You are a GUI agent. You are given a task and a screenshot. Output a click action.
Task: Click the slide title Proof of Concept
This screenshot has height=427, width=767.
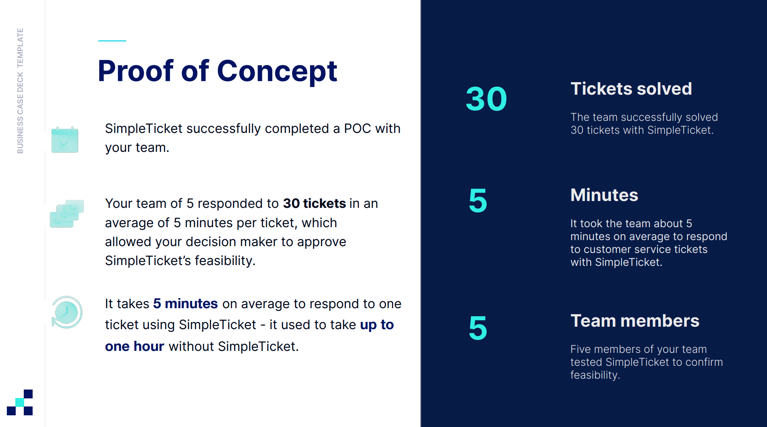pos(218,71)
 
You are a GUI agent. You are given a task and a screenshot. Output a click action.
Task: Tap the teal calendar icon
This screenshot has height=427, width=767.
pos(65,139)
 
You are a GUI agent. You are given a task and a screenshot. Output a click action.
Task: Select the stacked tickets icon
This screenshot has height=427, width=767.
pos(67,213)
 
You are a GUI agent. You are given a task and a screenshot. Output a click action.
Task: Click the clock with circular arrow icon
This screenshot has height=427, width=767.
pos(67,312)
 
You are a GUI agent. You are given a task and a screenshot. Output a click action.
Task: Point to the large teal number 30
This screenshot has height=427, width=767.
pos(486,99)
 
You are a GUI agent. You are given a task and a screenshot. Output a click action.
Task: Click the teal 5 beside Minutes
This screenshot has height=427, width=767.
pos(478,201)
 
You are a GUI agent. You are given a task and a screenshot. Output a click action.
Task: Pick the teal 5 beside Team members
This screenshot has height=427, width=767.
pos(478,328)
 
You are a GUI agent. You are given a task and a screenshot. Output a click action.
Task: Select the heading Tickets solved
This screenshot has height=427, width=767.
pos(631,89)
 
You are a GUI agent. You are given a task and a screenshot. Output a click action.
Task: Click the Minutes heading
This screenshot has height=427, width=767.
pos(604,195)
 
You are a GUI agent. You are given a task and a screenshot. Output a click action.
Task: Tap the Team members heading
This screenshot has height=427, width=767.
pos(635,321)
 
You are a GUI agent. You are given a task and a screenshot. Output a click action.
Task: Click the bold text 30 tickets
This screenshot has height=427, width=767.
pos(314,203)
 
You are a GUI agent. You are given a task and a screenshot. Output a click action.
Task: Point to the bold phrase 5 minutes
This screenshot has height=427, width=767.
pos(185,304)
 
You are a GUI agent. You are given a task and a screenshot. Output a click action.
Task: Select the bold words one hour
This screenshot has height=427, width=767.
pos(135,346)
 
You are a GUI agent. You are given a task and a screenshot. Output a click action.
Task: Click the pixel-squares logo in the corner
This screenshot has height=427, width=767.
pos(20,402)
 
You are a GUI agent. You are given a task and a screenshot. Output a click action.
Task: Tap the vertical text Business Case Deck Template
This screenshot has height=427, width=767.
pos(20,91)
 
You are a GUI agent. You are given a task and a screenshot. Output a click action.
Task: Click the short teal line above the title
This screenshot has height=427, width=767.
pos(112,41)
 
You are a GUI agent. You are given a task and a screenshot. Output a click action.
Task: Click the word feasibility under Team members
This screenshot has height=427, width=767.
pos(595,375)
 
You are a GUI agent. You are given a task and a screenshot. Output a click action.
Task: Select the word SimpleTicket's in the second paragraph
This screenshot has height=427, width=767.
pos(148,261)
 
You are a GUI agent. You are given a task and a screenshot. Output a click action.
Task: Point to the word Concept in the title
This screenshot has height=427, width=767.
pos(277,71)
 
